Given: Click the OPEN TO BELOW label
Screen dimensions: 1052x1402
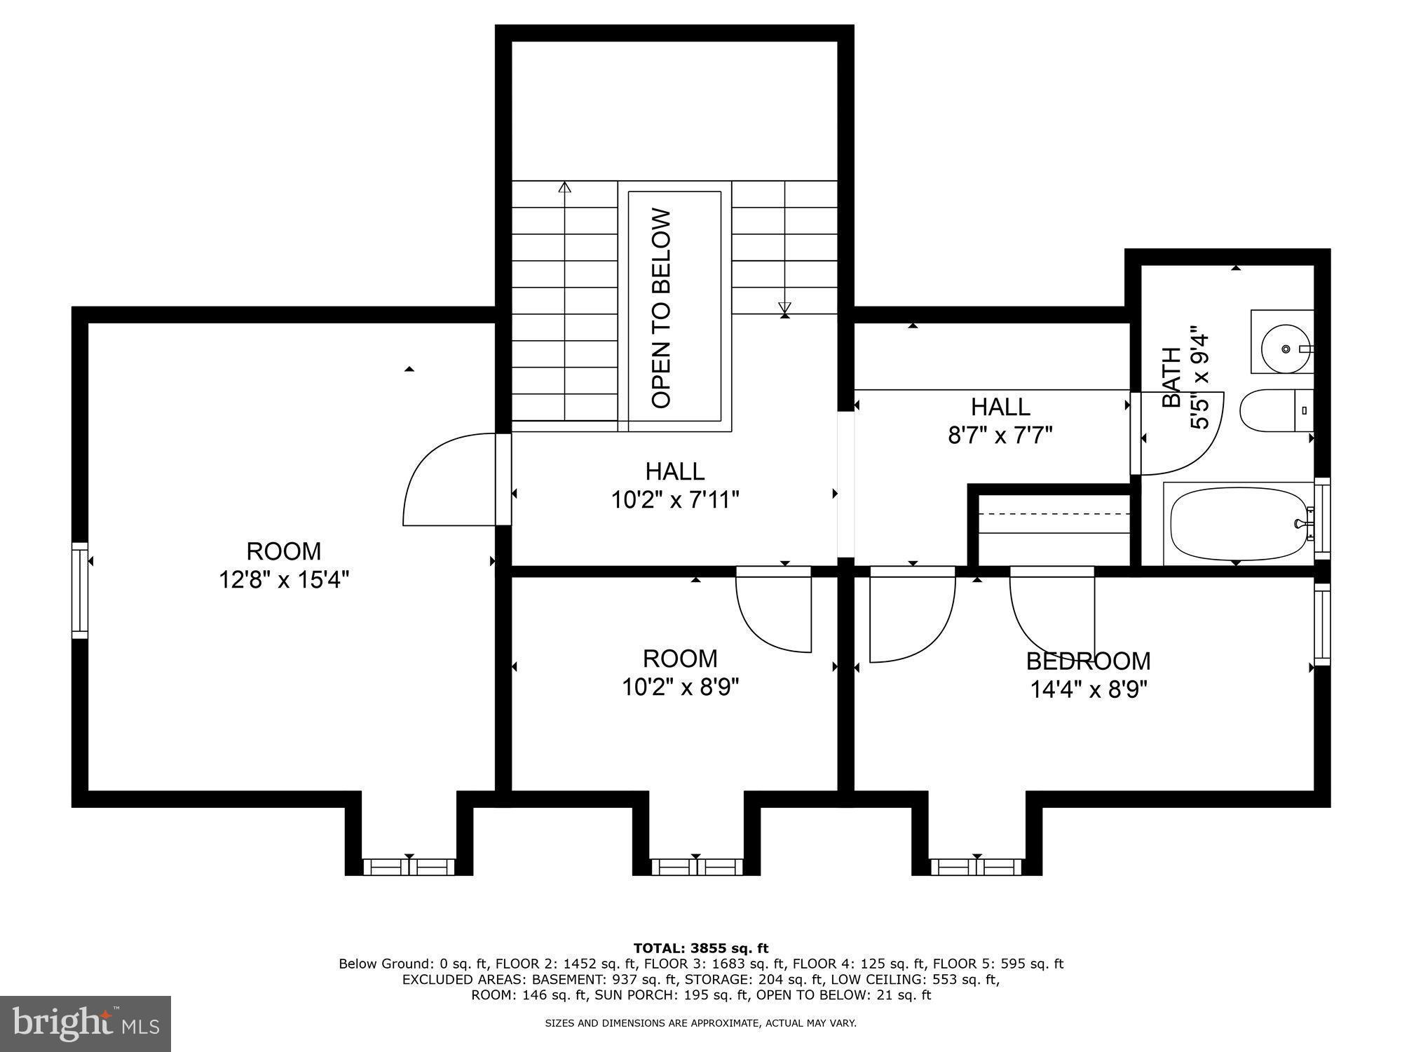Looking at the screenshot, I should coord(662,309).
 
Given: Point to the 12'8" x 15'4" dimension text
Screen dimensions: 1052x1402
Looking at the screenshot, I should coord(284,580).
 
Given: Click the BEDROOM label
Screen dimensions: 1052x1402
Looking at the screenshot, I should coord(1088,661).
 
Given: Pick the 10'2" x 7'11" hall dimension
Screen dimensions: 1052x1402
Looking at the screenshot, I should coord(675,500).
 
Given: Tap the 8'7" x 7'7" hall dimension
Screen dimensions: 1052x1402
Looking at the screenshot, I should coord(1000,436).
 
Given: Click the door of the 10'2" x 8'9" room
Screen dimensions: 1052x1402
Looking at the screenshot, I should coord(775,610).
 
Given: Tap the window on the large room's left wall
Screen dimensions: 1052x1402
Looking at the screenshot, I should coord(80,591).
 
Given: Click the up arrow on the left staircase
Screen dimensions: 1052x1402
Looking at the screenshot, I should coord(564,188).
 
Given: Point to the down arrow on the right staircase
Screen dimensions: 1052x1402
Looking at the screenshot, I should coord(784,307).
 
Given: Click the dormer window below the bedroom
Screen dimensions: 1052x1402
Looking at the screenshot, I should coord(976,867).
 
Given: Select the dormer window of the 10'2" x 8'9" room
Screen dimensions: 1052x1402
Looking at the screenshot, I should coord(695,867).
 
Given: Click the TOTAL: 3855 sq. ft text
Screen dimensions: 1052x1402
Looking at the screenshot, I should coord(700,948).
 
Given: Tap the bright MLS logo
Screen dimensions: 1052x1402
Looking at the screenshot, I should coord(86,1023).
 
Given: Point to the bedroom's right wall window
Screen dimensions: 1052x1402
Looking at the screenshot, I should coord(1321,624).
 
